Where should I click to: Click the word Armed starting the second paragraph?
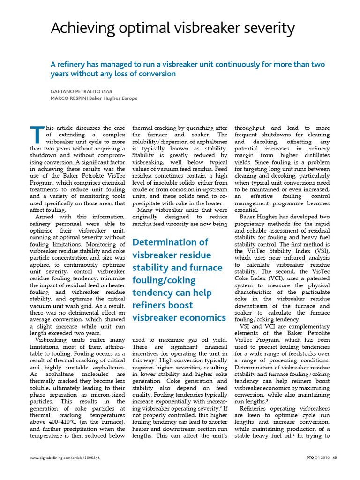click(x=46, y=217)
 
